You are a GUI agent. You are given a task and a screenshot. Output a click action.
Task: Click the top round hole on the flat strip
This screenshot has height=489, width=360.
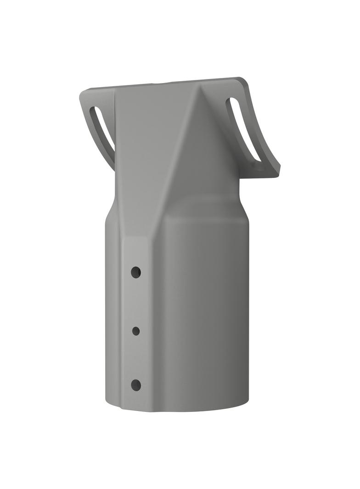135,272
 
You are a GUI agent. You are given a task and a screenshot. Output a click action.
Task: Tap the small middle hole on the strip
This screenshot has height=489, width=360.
136,330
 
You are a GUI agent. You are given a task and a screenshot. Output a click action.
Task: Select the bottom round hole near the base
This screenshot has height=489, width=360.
136,385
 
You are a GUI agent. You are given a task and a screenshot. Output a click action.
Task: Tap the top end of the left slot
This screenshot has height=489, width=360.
93,111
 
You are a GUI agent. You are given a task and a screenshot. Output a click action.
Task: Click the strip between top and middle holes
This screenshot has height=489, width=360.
136,301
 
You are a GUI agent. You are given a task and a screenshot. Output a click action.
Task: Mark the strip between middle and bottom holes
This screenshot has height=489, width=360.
136,358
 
